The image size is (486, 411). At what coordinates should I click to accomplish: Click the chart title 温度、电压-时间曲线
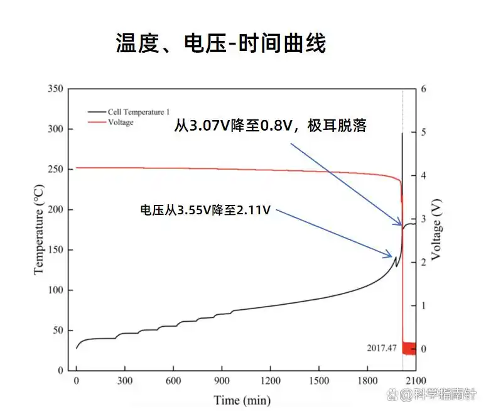(221, 43)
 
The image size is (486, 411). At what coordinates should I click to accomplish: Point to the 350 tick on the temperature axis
(56, 89)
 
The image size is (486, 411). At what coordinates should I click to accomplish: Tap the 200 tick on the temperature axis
(56, 210)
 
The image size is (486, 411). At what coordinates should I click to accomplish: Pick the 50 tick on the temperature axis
(58, 331)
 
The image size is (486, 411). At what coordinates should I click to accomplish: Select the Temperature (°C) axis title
(39, 229)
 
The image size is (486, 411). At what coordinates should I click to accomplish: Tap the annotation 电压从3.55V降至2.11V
(205, 211)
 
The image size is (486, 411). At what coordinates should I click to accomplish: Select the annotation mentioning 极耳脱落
(270, 127)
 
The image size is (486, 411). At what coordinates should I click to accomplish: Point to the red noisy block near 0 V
(409, 348)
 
